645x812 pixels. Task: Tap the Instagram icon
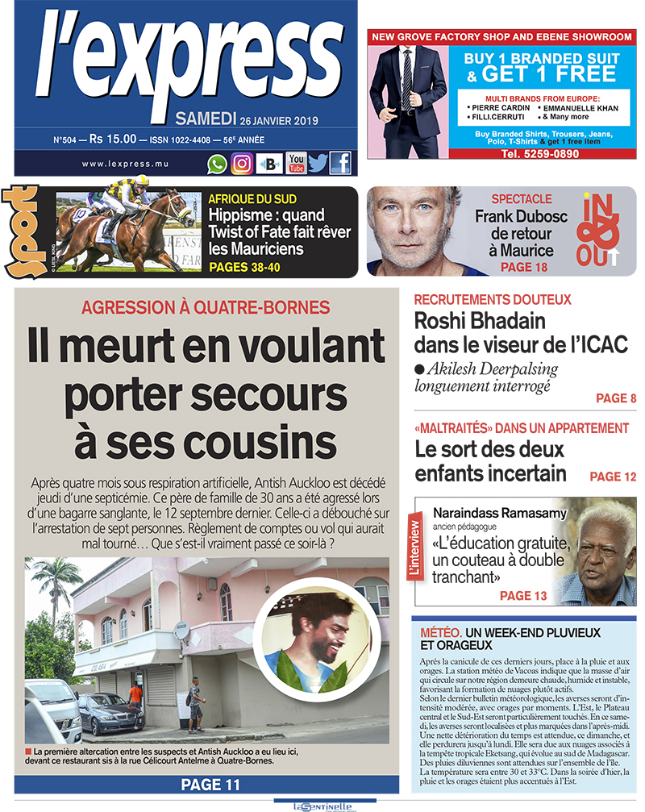click(242, 164)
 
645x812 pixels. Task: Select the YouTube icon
click(296, 163)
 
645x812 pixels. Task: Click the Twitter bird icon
click(318, 164)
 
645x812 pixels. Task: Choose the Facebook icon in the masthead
click(340, 163)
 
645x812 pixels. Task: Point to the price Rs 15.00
click(112, 139)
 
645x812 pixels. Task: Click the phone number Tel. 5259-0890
click(528, 153)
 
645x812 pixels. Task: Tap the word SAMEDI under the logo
click(206, 119)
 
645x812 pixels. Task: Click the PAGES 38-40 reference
click(244, 267)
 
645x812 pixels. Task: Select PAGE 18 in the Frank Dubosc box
click(523, 266)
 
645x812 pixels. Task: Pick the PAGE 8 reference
click(616, 398)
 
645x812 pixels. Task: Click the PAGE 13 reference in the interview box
click(523, 596)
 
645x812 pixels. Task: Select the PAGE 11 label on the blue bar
click(210, 784)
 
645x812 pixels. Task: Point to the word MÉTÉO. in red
click(440, 633)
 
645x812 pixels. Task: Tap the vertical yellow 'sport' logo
click(20, 231)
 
